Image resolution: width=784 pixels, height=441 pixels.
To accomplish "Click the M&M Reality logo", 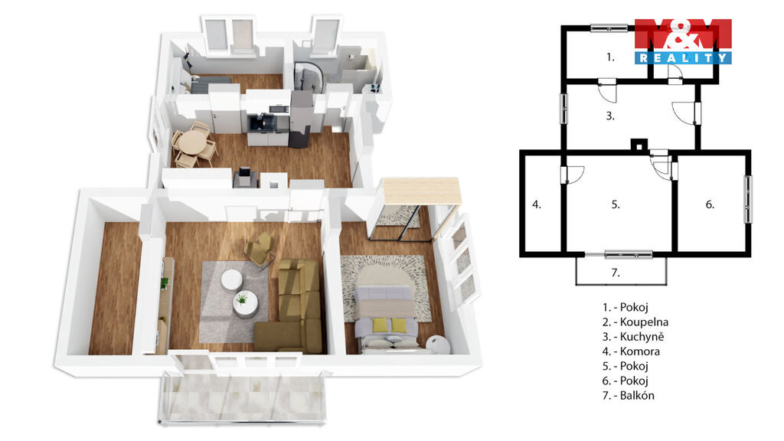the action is point(683,41).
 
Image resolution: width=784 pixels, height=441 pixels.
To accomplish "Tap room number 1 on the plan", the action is point(610,57).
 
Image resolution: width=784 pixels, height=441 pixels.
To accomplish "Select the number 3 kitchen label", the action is point(610,116).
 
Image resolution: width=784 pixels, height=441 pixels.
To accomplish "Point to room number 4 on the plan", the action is point(537,204).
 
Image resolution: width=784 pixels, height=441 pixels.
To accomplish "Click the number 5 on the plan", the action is point(616,204).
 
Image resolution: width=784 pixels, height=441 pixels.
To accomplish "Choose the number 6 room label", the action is point(710,204).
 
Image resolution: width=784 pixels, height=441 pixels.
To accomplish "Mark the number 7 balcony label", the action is point(616,273).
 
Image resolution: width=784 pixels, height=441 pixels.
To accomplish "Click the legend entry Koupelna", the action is point(635,322).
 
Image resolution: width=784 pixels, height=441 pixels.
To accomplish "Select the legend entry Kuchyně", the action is point(633,337).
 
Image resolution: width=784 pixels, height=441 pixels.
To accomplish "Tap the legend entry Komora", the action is point(631,351).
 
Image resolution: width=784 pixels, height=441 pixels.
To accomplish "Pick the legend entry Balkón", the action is point(628,396).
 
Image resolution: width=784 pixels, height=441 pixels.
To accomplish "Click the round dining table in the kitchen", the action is point(193,142).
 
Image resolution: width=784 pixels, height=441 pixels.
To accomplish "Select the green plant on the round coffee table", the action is point(242,299).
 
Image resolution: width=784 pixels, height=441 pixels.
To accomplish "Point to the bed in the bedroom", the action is point(385,318).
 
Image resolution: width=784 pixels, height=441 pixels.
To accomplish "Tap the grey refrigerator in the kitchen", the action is point(302,119).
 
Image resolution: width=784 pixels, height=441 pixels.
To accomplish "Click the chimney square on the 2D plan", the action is point(639,145).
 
